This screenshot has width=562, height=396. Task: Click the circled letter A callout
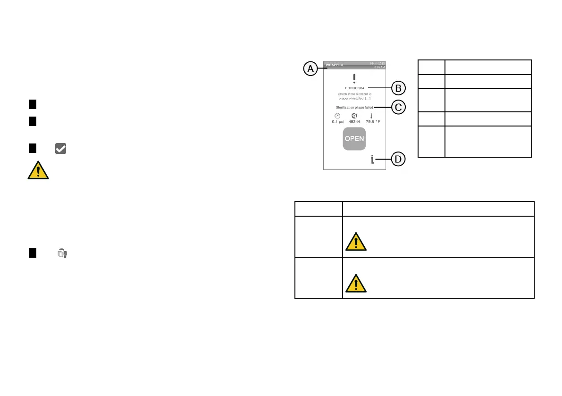pyautogui.click(x=310, y=69)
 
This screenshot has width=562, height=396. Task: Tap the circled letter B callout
pyautogui.click(x=398, y=88)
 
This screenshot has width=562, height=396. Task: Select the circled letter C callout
pyautogui.click(x=398, y=108)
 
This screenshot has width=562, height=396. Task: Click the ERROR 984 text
pyautogui.click(x=354, y=88)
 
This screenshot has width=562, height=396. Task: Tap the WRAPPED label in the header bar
pyautogui.click(x=335, y=65)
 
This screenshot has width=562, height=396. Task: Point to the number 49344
pyautogui.click(x=354, y=122)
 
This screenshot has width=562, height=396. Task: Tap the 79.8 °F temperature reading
pyautogui.click(x=373, y=122)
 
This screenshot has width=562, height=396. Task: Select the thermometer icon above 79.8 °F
pyautogui.click(x=371, y=116)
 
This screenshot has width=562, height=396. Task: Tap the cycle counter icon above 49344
pyautogui.click(x=354, y=116)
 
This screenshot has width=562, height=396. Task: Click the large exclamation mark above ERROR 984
pyautogui.click(x=354, y=78)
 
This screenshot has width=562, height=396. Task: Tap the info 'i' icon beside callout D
pyautogui.click(x=372, y=160)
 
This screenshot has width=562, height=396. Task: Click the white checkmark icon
pyautogui.click(x=60, y=148)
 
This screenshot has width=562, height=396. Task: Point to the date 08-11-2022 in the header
pyautogui.click(x=377, y=63)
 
